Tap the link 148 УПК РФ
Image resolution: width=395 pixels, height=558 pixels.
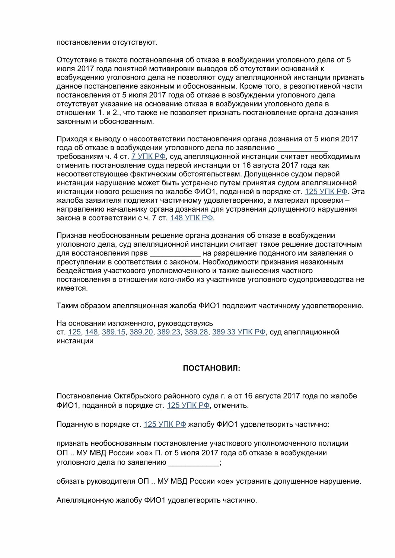point(192,218)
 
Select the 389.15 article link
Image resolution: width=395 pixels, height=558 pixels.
point(114,332)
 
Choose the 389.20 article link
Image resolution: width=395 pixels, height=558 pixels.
point(141,332)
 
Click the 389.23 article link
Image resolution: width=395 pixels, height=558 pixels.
point(169,332)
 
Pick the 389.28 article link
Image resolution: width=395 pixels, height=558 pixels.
point(196,332)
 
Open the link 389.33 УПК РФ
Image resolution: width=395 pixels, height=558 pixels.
point(239,332)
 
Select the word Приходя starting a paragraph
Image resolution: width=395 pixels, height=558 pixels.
point(70,139)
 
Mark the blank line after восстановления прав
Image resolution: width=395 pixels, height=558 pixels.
point(175,254)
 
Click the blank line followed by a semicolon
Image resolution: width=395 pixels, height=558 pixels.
point(194,463)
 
